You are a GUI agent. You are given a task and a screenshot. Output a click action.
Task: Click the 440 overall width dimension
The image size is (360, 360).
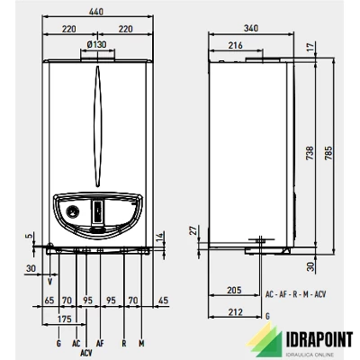(x=96, y=12)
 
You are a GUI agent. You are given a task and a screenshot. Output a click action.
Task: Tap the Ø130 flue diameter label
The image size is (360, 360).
(x=97, y=45)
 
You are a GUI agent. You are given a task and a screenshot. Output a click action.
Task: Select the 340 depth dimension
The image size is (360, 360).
(x=251, y=28)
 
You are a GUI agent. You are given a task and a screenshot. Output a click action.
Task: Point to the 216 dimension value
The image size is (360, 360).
(x=235, y=45)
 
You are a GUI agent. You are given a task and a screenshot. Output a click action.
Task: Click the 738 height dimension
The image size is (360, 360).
(x=310, y=153)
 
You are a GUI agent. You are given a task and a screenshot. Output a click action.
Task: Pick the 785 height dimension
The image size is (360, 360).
(x=328, y=153)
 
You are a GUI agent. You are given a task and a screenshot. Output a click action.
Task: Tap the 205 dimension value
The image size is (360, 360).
(x=234, y=290)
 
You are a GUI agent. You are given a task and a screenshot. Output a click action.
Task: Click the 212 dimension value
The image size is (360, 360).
(x=235, y=312)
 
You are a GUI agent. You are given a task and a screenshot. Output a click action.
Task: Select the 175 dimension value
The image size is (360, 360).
(x=65, y=319)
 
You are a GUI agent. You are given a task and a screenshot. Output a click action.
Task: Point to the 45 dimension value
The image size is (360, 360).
(x=163, y=301)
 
